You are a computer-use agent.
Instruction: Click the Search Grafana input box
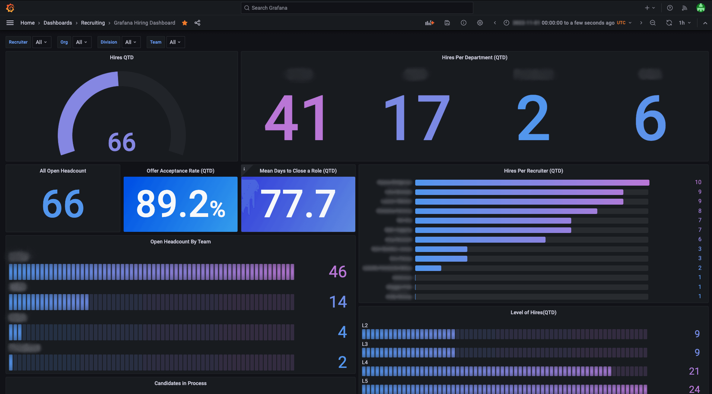(x=357, y=8)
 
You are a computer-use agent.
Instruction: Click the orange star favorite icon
(x=185, y=23)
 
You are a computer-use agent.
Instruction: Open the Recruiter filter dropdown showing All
(x=41, y=42)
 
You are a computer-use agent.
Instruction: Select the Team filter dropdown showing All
(x=175, y=42)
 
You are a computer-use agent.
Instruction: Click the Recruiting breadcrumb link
(x=93, y=23)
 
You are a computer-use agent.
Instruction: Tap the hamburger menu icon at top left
(x=10, y=23)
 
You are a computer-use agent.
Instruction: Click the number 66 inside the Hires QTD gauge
(x=122, y=142)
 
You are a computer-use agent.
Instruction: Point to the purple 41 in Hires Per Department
(x=295, y=118)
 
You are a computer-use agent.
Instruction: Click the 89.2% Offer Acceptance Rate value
(x=181, y=204)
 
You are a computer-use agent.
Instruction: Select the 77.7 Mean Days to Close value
(x=298, y=204)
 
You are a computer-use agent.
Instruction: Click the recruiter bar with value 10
(x=532, y=183)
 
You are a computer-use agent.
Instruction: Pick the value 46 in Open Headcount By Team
(x=337, y=272)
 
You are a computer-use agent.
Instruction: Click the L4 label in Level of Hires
(x=365, y=362)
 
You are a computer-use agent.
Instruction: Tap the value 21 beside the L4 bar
(x=694, y=371)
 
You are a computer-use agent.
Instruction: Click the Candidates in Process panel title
(x=181, y=383)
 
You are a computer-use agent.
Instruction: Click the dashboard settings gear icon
(x=480, y=23)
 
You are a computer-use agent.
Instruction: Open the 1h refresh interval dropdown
(x=684, y=23)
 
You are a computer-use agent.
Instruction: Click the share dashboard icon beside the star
(x=197, y=23)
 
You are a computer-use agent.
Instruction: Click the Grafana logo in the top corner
(x=10, y=8)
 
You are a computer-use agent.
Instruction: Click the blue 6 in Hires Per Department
(x=650, y=118)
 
